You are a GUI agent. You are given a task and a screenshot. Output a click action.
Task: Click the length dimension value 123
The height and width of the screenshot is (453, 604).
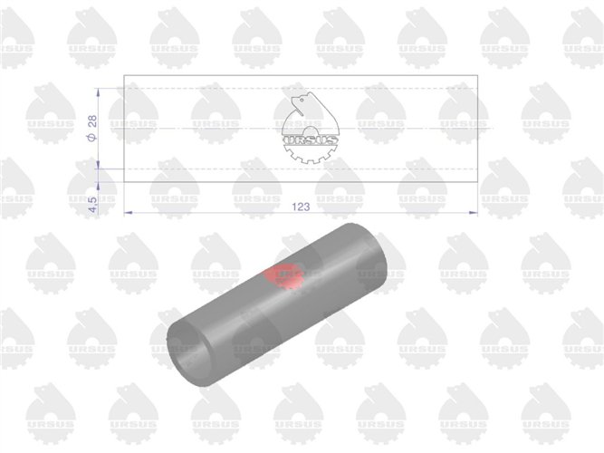pyautogui.click(x=301, y=207)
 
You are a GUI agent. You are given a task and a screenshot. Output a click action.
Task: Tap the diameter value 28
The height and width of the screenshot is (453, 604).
pyautogui.click(x=93, y=121)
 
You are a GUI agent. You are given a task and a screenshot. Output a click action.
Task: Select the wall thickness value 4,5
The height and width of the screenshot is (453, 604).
pyautogui.click(x=93, y=205)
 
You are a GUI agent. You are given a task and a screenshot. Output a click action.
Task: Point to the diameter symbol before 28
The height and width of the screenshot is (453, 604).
pyautogui.click(x=92, y=137)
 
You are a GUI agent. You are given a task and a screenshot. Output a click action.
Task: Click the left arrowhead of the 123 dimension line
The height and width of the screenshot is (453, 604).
pyautogui.click(x=128, y=212)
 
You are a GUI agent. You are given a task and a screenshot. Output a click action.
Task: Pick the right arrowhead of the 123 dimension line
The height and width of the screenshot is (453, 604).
pyautogui.click(x=474, y=212)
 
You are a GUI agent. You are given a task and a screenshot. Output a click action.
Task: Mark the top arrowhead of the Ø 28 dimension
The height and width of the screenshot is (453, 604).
pyautogui.click(x=98, y=92)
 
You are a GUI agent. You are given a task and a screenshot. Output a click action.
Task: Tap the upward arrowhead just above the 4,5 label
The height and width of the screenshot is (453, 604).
pyautogui.click(x=98, y=186)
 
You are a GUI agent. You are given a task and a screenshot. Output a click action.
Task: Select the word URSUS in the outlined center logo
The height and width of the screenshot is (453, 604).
pyautogui.click(x=311, y=140)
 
